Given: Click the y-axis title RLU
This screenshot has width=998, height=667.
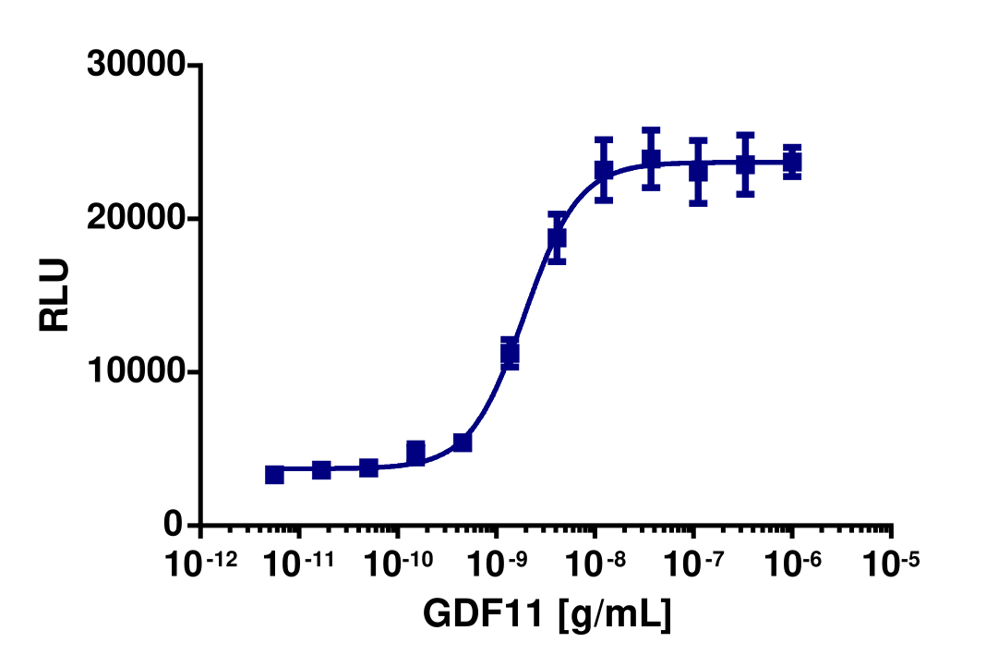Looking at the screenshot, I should point(54,296).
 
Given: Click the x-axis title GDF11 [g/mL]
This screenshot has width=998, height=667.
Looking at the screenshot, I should point(547,613).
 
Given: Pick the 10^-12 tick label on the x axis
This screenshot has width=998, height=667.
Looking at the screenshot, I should point(199,563).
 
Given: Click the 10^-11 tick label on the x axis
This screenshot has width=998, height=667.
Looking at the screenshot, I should point(298,563).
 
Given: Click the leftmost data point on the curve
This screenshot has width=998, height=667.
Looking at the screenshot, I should point(274,474).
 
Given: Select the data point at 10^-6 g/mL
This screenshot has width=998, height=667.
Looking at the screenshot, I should point(792,163).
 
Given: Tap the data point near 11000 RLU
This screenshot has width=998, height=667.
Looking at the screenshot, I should point(510,353).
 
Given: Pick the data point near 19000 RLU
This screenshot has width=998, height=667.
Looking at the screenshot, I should point(557,237).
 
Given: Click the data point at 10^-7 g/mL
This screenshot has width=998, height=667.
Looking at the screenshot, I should point(698,171).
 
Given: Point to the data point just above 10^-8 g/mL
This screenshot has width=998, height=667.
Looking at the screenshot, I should point(604,170).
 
